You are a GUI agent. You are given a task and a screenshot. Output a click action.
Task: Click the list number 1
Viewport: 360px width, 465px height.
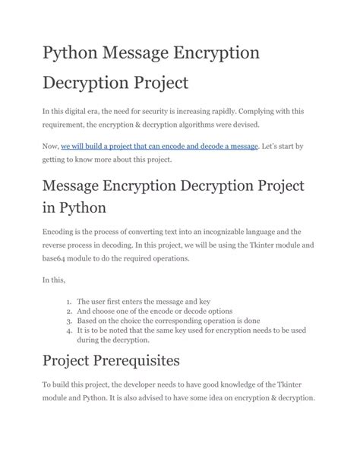click(x=68, y=302)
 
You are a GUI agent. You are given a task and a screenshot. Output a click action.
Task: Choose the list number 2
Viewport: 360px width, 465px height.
click(x=68, y=312)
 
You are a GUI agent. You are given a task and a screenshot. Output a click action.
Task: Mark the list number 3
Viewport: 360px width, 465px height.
click(x=68, y=321)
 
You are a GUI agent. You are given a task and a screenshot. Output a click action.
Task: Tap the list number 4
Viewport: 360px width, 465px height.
click(x=68, y=331)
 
